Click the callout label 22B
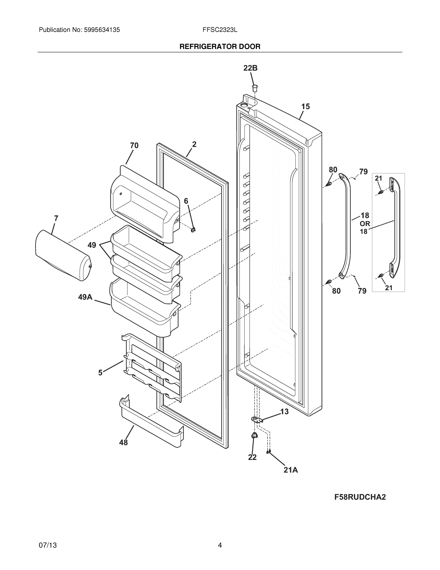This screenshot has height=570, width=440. click(250, 68)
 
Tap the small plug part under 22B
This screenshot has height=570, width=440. click(255, 87)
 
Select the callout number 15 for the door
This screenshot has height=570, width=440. click(306, 106)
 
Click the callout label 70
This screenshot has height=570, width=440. click(134, 145)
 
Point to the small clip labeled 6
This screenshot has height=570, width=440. click(193, 230)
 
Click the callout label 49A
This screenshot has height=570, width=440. click(85, 297)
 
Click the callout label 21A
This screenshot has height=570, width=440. click(291, 470)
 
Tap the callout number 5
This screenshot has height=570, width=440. click(100, 373)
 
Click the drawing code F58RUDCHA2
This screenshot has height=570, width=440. click(360, 497)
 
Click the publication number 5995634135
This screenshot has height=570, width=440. click(102, 30)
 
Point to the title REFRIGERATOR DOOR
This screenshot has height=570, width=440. click(220, 47)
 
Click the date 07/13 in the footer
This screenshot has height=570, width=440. click(48, 545)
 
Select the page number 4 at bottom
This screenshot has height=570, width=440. click(220, 545)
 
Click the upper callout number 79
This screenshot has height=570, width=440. click(363, 172)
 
